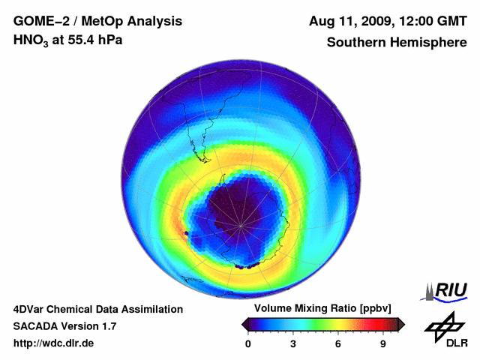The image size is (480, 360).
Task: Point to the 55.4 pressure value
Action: [x=80, y=40]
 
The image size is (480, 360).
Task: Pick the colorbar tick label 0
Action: [x=248, y=343]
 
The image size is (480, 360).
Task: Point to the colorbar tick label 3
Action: [x=293, y=343]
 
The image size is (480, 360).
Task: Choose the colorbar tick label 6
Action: [x=338, y=343]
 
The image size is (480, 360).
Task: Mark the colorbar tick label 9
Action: [x=383, y=343]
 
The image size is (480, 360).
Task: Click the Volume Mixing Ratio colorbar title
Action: [x=319, y=308]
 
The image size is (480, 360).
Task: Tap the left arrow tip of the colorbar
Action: [x=244, y=324]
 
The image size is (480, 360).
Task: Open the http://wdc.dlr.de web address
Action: [x=54, y=343]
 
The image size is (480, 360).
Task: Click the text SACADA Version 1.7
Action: [x=65, y=326]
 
